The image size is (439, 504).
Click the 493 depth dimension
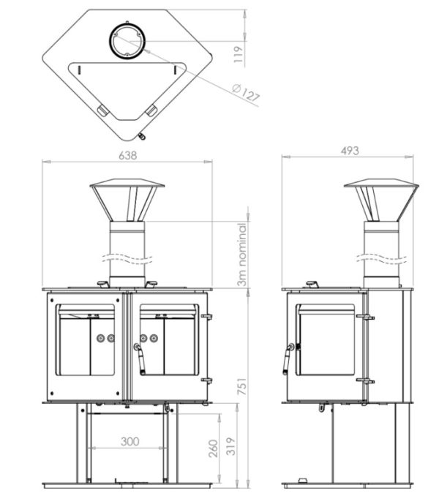(x=350, y=151)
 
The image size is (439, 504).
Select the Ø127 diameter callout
(x=246, y=94)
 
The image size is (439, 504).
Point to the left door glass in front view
(x=86, y=345)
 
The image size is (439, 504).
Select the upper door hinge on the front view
(x=206, y=316)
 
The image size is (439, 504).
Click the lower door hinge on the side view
(x=365, y=381)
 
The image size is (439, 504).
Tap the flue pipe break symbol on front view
(x=129, y=257)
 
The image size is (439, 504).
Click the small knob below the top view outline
(x=141, y=136)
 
